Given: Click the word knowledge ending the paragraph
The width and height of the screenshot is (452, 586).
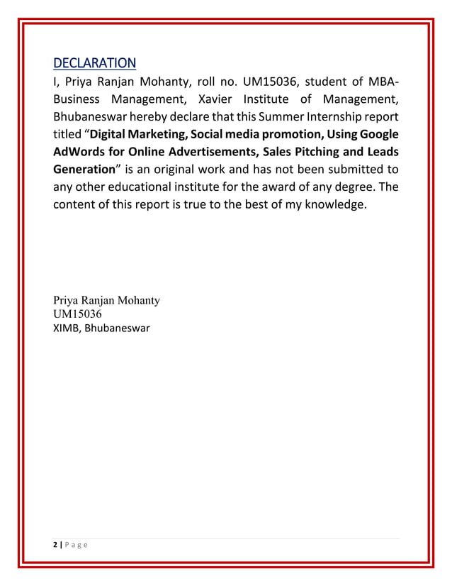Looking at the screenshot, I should point(329,205).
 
